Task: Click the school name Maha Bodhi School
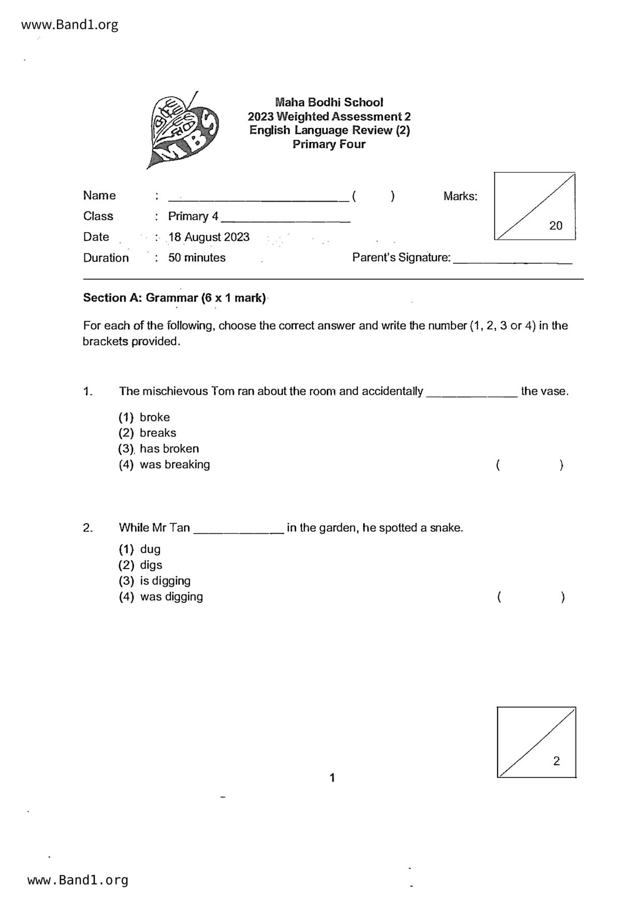point(329,102)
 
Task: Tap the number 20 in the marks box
point(556,225)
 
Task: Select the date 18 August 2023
point(209,237)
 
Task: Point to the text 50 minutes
point(197,258)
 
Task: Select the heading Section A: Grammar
point(174,298)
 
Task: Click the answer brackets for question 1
point(529,465)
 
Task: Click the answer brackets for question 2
point(530,597)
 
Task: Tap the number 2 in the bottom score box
point(556,761)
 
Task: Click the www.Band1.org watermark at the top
point(70,24)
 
